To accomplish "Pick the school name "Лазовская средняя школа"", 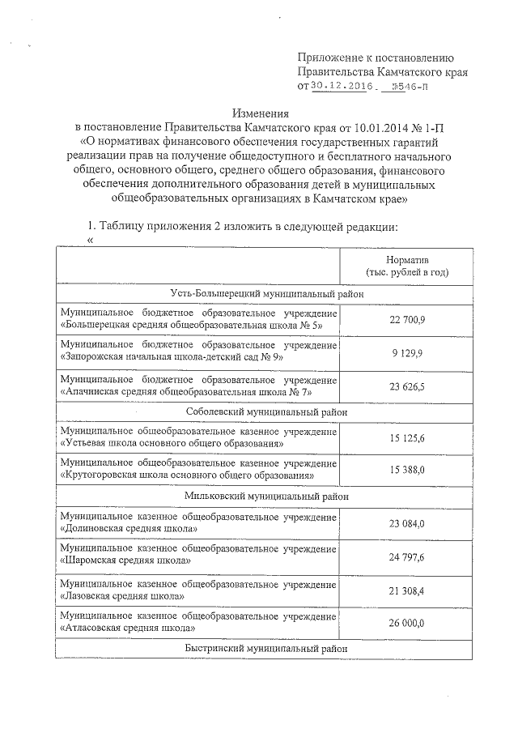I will pos(121,595).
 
